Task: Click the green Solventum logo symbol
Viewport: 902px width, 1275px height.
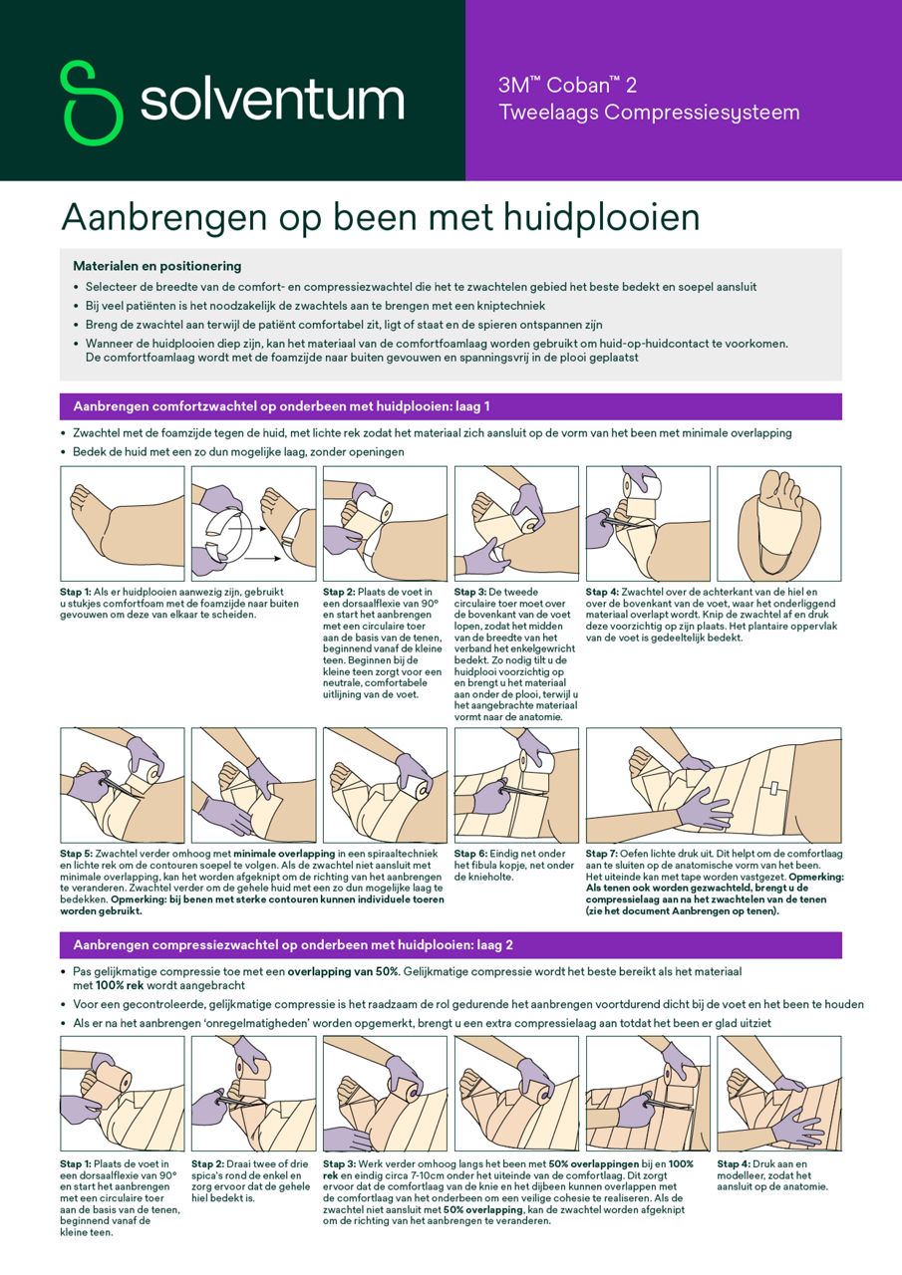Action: (92, 102)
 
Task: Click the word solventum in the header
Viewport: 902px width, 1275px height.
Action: (271, 102)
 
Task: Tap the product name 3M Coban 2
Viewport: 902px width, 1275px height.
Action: (567, 86)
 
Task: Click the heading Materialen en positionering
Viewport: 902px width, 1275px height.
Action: (156, 266)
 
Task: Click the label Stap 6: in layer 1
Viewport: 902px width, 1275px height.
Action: (472, 854)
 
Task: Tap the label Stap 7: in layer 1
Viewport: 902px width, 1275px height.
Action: (604, 854)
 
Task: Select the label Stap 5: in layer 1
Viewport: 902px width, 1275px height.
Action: (78, 854)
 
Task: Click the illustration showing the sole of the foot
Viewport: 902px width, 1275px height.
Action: (779, 524)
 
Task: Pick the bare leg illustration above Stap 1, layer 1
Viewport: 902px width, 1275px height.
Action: (122, 524)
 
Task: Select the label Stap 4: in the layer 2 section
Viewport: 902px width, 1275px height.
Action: (736, 1162)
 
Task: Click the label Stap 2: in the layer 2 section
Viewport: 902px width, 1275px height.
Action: (209, 1162)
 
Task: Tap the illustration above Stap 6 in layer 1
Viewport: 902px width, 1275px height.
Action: (515, 785)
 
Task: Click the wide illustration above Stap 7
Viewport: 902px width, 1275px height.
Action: (714, 785)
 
